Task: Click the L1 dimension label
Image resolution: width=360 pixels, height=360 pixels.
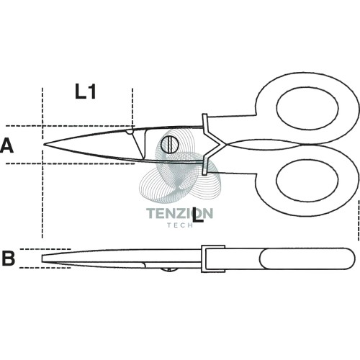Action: coord(86,92)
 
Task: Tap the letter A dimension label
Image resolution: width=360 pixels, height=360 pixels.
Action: coord(6,146)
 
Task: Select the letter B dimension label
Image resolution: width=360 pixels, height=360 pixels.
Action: coord(9,258)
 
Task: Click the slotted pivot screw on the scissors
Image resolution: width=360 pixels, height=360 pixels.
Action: coord(170,144)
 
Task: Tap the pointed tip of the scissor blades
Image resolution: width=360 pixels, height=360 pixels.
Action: coord(45,144)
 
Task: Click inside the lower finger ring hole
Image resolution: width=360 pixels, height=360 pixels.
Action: coord(307,180)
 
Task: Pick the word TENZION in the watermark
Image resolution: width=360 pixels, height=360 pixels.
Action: coord(179,213)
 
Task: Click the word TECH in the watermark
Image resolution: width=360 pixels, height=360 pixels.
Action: coord(180,225)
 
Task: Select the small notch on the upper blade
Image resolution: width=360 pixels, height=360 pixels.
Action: coord(130,132)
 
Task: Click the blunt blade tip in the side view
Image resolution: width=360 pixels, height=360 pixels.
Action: coord(42,258)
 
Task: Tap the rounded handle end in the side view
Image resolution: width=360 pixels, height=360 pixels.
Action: coord(351,258)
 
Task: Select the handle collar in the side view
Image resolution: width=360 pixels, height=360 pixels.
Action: coord(213,258)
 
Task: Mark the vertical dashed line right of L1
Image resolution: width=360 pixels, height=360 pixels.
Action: coord(132,107)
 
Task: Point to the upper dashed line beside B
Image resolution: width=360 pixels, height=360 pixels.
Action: coord(45,249)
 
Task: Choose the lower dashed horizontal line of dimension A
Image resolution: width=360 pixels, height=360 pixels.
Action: coord(70,163)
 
